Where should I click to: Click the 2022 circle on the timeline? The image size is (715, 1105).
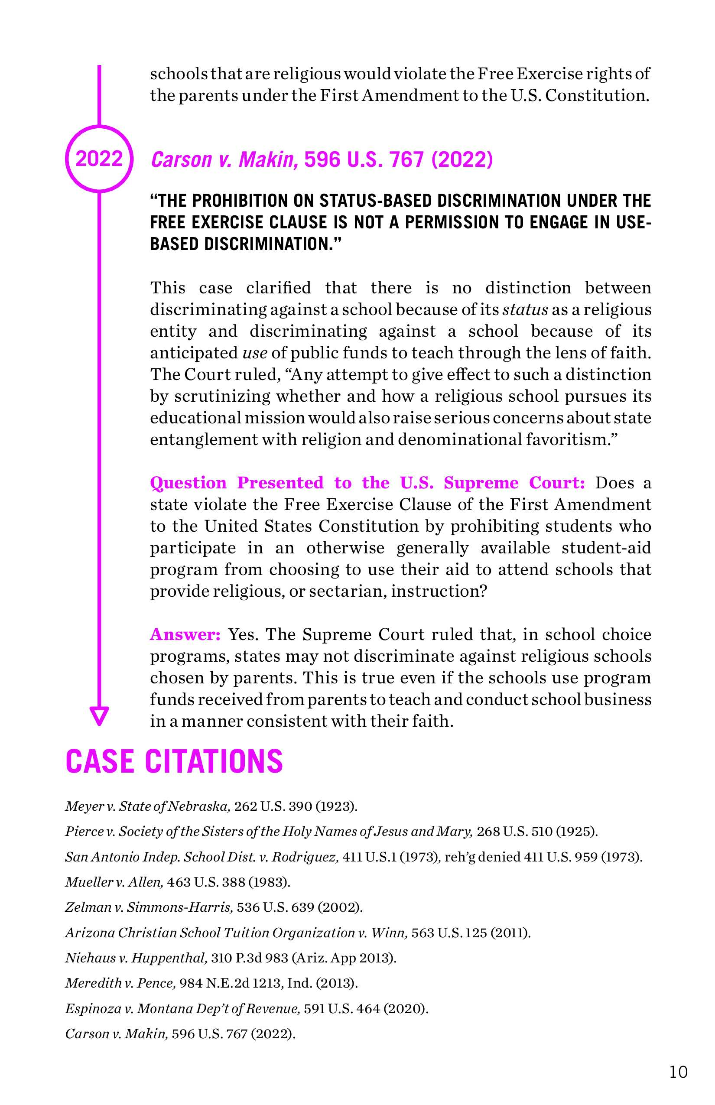(99, 158)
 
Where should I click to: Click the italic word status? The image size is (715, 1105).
(525, 310)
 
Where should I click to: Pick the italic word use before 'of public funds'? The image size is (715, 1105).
(255, 353)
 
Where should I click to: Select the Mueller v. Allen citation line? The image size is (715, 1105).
(177, 882)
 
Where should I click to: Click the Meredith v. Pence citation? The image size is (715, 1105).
(211, 983)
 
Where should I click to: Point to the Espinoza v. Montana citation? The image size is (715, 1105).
(247, 1008)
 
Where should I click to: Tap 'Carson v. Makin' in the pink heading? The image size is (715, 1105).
(225, 160)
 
